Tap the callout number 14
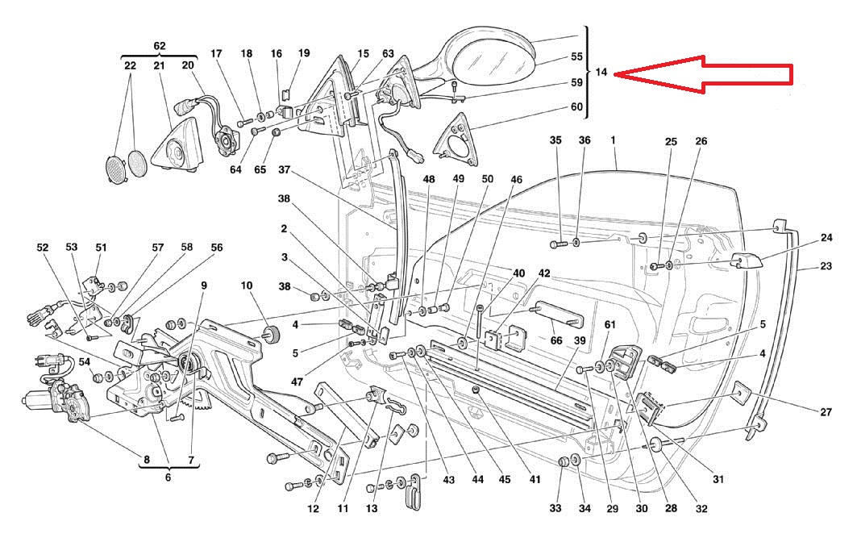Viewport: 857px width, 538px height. click(601, 73)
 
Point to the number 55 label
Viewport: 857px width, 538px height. click(577, 57)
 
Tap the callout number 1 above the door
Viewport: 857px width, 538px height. click(614, 140)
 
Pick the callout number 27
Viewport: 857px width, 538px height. click(826, 412)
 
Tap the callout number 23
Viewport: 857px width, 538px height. click(826, 265)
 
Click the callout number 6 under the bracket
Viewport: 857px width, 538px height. click(168, 478)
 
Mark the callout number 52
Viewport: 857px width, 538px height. click(43, 248)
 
